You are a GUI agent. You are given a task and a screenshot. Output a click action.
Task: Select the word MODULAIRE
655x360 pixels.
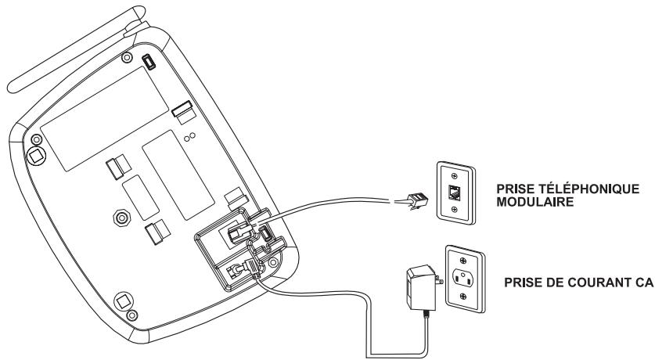(x=535, y=202)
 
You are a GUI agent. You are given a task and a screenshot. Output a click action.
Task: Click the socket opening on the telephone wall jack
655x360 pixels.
(x=455, y=192)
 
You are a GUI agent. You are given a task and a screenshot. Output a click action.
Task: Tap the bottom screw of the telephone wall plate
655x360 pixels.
(x=455, y=209)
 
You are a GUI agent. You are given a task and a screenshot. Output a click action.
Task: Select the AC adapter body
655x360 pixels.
(x=419, y=288)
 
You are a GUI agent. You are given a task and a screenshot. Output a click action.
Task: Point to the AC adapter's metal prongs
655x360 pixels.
(x=438, y=280)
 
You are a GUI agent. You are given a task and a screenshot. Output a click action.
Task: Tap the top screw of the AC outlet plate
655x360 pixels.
(x=463, y=260)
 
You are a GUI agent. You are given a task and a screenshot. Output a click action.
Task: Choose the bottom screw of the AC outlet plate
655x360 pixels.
(x=462, y=296)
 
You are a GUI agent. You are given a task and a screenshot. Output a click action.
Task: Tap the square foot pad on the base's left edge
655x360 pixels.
(x=36, y=157)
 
